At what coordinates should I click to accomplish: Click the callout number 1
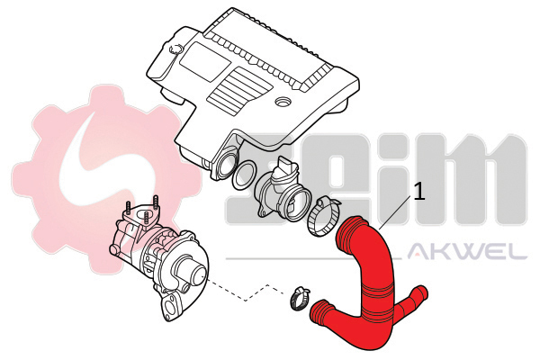coord(419,192)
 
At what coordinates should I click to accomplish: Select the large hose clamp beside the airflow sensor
coord(323,217)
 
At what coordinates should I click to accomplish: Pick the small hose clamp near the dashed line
coord(299,298)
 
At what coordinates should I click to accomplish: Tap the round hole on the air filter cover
coord(283,102)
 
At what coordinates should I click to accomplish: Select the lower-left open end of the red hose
coord(320,311)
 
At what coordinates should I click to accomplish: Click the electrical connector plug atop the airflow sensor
coord(286,166)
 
